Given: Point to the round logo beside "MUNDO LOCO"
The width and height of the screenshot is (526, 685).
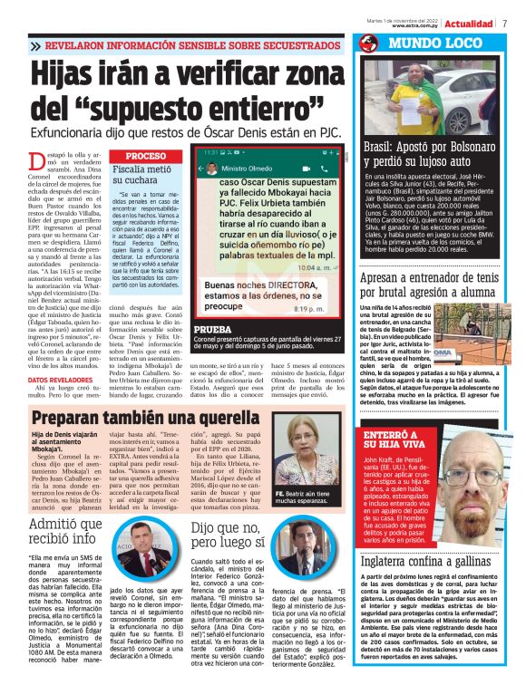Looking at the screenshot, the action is [368, 43].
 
